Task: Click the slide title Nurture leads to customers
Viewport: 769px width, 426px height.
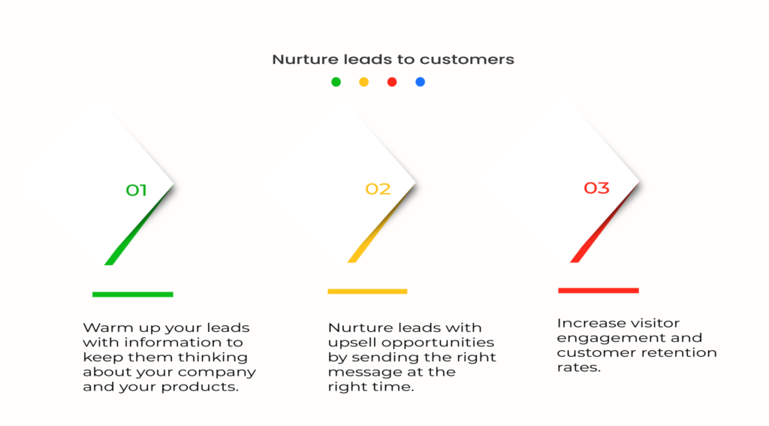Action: pos(393,59)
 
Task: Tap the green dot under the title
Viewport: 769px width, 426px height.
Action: pos(336,82)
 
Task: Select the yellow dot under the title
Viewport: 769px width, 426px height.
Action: pos(364,82)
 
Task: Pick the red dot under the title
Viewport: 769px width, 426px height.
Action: pos(392,82)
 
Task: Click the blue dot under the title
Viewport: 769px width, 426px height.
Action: pos(421,82)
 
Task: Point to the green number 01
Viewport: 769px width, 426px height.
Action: pos(137,190)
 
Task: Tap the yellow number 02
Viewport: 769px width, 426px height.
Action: pos(378,189)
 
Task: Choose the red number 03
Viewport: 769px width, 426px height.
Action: pos(596,188)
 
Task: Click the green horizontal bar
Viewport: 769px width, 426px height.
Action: pos(132,295)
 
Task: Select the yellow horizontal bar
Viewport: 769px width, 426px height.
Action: pos(367,292)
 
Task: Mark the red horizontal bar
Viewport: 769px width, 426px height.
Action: pos(599,291)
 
